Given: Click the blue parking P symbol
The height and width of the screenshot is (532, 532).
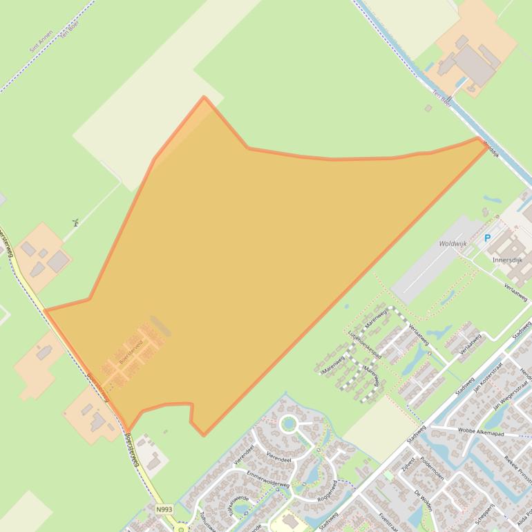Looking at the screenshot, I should tap(487, 238).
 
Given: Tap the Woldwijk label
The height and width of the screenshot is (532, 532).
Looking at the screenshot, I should tap(453, 244).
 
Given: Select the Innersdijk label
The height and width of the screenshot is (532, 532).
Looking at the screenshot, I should tap(509, 260).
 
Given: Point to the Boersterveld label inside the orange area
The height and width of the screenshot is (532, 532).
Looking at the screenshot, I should tap(131, 350).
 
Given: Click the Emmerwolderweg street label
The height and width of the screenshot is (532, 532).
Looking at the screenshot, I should tap(267, 479).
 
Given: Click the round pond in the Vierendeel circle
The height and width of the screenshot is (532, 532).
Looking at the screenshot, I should tap(288, 424).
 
